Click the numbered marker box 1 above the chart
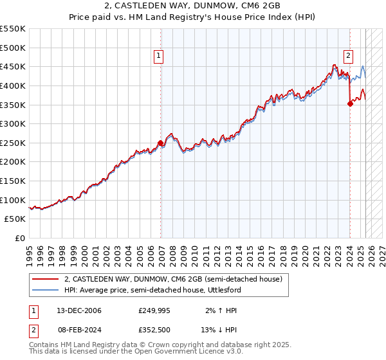point(158,56)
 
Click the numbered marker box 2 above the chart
point(348,56)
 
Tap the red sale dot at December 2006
point(160,143)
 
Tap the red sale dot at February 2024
point(350,103)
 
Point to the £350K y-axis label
point(13,104)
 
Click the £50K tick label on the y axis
point(15,219)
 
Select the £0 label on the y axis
point(21,238)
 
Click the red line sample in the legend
point(45,279)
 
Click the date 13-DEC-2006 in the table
point(79,310)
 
